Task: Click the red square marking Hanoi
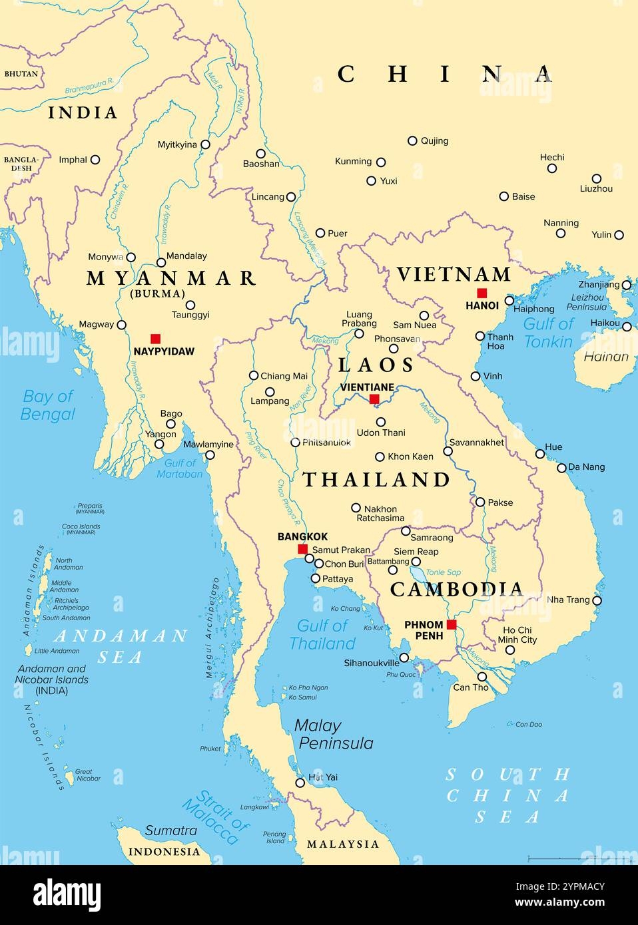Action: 482,293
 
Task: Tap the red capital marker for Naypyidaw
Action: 155,339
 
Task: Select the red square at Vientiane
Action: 374,399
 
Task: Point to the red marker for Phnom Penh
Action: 452,625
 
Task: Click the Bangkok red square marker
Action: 302,549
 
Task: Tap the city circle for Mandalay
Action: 161,262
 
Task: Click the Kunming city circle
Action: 381,162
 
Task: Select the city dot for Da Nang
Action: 561,467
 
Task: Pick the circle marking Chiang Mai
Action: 254,375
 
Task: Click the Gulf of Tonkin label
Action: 548,333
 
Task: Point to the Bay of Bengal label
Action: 47,405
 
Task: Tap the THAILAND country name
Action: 376,480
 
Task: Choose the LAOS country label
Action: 376,365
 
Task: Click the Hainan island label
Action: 605,357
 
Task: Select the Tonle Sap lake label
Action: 444,572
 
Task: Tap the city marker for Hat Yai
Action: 300,783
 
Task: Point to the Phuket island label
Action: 210,749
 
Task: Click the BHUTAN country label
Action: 21,74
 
